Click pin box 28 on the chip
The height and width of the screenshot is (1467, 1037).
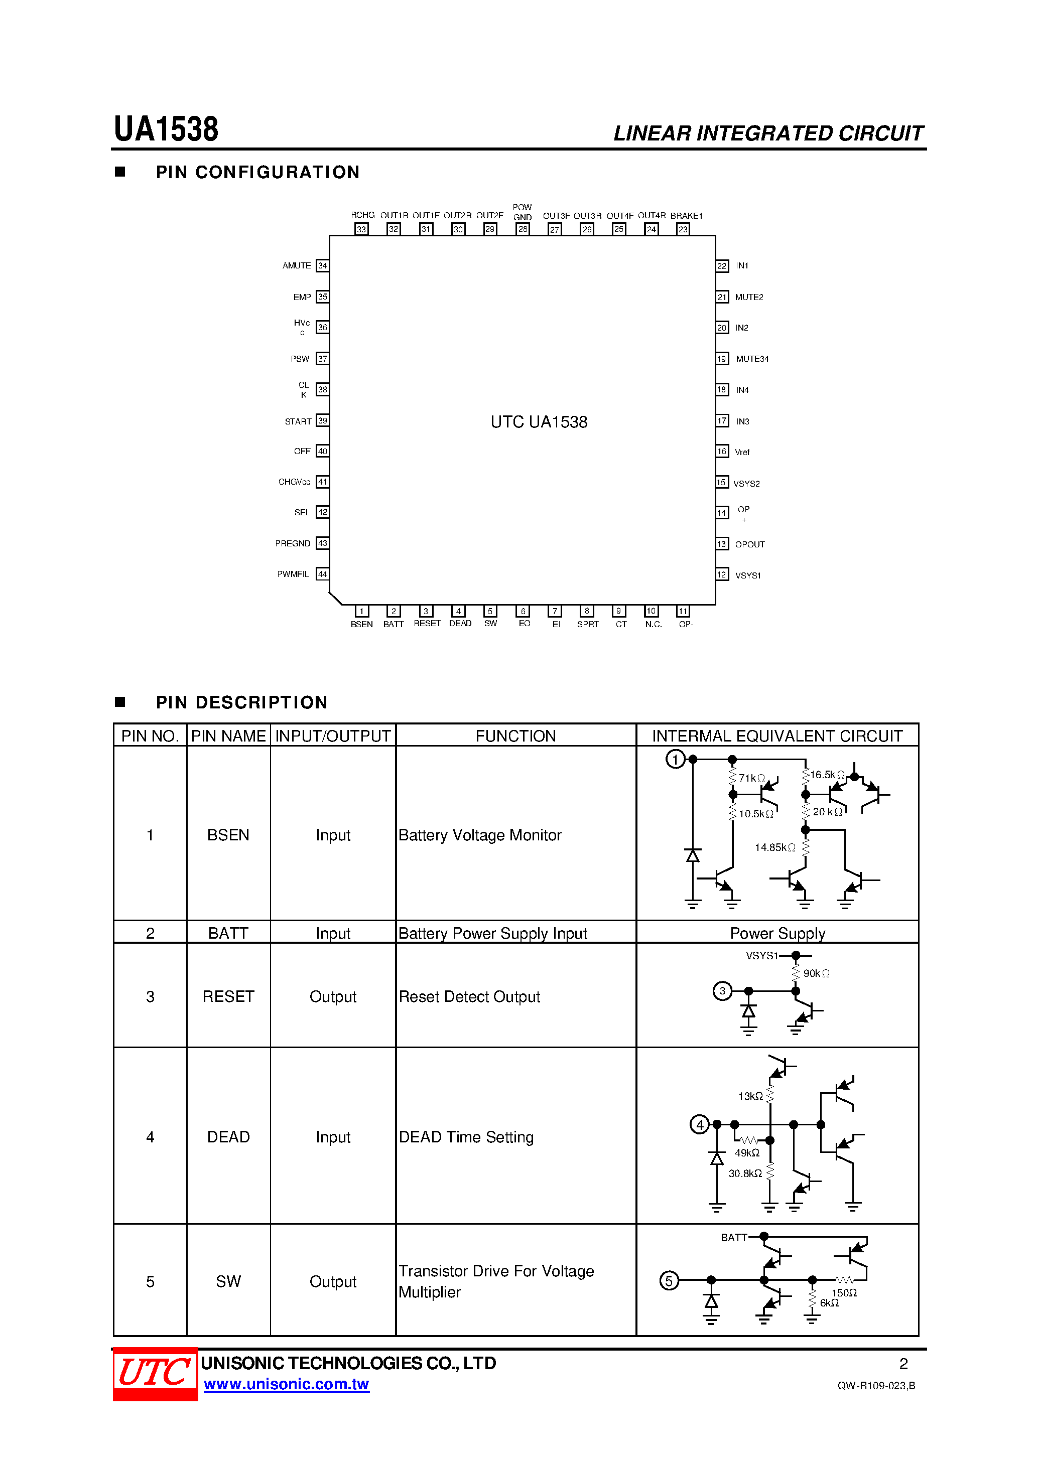[x=523, y=229]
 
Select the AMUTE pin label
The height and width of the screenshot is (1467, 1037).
[x=297, y=266]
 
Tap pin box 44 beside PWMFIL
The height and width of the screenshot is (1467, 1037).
[x=323, y=574]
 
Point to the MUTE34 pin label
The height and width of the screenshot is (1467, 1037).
[x=752, y=359]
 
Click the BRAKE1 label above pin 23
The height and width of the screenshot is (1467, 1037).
[x=686, y=216]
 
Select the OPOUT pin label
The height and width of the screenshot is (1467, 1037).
[x=749, y=544]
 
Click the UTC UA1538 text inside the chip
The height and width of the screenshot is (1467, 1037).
[x=539, y=422]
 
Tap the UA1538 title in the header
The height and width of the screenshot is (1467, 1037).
[x=166, y=130]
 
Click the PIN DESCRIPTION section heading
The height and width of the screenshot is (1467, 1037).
[x=241, y=703]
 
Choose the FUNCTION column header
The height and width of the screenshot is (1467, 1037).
[x=515, y=736]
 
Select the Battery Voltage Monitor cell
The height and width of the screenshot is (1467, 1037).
[x=479, y=835]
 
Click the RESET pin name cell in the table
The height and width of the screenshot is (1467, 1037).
[x=228, y=997]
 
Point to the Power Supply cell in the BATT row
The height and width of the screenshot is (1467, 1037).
[x=777, y=934]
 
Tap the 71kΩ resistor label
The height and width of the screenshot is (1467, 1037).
[x=752, y=778]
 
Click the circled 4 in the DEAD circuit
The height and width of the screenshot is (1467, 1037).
[x=699, y=1124]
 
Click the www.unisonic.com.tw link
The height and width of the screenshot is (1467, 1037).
[x=287, y=1384]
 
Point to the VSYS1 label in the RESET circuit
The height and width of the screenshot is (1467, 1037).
[x=761, y=956]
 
